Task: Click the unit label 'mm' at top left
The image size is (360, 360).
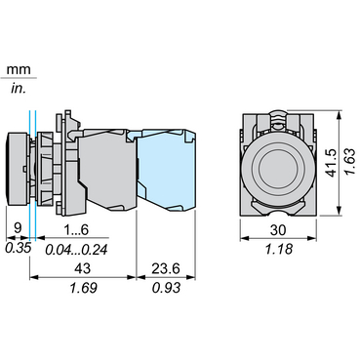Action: [16, 70]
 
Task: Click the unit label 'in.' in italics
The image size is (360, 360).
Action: [17, 88]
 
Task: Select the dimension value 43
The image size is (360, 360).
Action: [82, 267]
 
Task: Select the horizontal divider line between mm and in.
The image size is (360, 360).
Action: [18, 79]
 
